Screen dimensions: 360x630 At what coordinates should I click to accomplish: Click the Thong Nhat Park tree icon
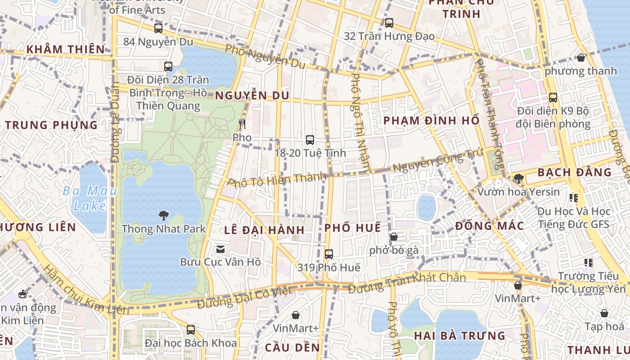(x=163, y=216)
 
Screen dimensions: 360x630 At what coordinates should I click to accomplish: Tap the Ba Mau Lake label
(x=90, y=198)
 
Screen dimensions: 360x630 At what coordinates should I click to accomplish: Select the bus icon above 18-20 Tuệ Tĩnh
(x=310, y=139)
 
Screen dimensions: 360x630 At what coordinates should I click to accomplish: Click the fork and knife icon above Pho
(x=242, y=124)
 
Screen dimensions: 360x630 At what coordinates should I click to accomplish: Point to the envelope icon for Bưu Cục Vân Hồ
(x=220, y=249)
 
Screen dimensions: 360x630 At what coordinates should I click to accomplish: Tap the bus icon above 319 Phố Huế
(x=329, y=254)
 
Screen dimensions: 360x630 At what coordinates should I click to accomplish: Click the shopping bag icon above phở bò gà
(x=394, y=237)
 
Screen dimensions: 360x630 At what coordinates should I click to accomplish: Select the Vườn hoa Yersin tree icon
(x=518, y=179)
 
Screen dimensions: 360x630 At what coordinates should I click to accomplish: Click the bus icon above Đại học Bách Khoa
(x=191, y=330)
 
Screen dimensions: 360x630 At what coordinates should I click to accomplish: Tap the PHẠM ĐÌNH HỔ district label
(x=431, y=121)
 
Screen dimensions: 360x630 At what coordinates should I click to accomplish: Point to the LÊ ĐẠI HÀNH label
(x=265, y=230)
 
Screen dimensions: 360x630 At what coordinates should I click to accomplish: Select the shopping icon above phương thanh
(x=581, y=58)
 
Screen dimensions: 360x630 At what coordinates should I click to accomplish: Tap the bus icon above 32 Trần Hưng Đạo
(x=389, y=22)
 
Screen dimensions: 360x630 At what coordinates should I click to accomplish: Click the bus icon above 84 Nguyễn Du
(x=158, y=28)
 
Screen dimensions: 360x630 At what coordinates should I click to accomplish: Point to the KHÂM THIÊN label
(x=66, y=49)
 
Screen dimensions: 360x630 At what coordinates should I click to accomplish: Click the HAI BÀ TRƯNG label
(x=459, y=336)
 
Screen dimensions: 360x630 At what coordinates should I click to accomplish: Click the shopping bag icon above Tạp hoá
(x=604, y=313)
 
